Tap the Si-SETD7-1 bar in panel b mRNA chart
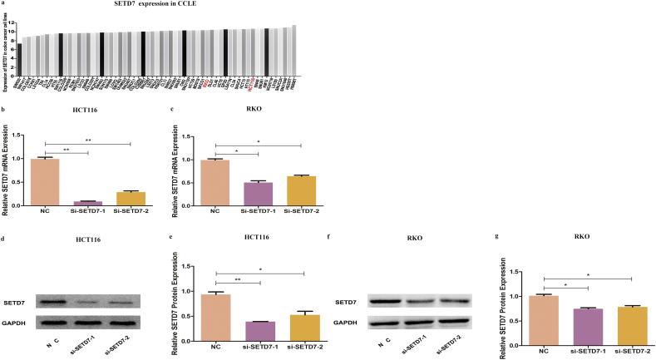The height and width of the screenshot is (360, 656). click(x=87, y=203)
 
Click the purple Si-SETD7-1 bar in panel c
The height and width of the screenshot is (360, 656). click(x=259, y=194)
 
